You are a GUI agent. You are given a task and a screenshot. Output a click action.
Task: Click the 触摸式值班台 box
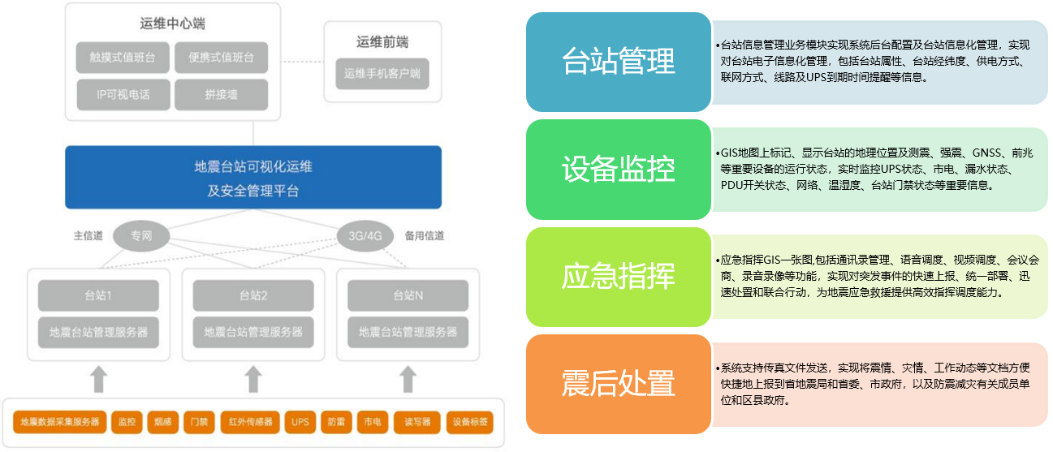(123, 58)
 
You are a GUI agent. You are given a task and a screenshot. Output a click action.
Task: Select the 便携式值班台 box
(222, 58)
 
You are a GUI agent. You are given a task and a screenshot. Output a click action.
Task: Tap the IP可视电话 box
(123, 94)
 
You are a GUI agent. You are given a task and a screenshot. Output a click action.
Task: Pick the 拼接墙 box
(222, 94)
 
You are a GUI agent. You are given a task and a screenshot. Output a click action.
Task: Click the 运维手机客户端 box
(382, 73)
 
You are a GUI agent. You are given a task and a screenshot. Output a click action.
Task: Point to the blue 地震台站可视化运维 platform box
(253, 177)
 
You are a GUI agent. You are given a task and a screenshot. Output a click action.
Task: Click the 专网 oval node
(141, 236)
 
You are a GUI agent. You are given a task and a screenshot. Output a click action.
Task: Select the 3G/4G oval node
(365, 236)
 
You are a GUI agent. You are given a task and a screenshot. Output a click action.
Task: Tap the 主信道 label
(88, 235)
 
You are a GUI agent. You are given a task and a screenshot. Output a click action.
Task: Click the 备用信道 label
(425, 235)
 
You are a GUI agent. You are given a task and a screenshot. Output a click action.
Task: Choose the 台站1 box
(98, 295)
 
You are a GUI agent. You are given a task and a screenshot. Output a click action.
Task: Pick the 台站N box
(408, 295)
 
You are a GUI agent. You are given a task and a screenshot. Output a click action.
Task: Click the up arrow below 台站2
(253, 379)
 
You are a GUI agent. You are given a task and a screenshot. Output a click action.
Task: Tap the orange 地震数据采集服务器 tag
(60, 422)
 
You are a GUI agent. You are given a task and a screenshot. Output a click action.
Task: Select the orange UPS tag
(300, 422)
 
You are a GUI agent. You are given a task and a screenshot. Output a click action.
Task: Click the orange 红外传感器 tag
(251, 422)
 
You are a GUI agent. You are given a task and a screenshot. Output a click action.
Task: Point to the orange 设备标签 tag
(470, 422)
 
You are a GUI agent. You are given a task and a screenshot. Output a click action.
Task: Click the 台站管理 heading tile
(619, 62)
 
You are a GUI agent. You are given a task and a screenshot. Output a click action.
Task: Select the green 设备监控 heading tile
(619, 169)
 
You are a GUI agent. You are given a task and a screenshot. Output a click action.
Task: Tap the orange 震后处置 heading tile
(619, 384)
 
